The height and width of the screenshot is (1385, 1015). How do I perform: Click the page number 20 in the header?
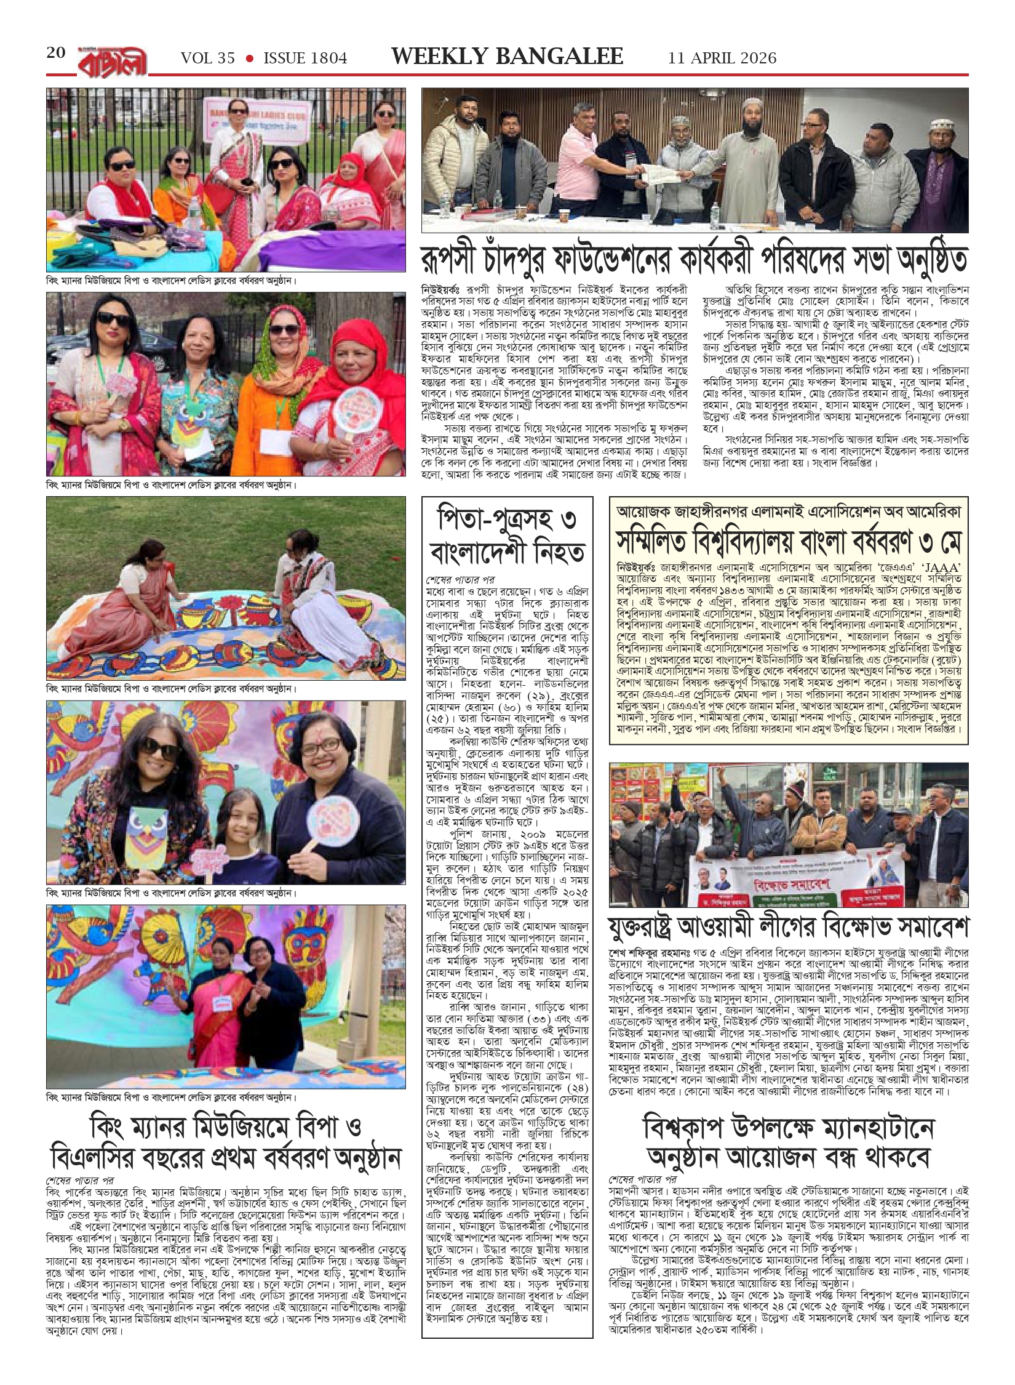click(56, 54)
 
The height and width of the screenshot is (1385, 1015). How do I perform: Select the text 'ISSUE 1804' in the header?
click(305, 58)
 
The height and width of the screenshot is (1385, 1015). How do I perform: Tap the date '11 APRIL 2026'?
click(722, 58)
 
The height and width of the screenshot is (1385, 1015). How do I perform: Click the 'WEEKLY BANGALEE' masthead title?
click(507, 57)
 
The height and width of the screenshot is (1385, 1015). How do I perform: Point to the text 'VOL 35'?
click(208, 58)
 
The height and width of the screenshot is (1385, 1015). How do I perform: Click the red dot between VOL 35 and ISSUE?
click(250, 58)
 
